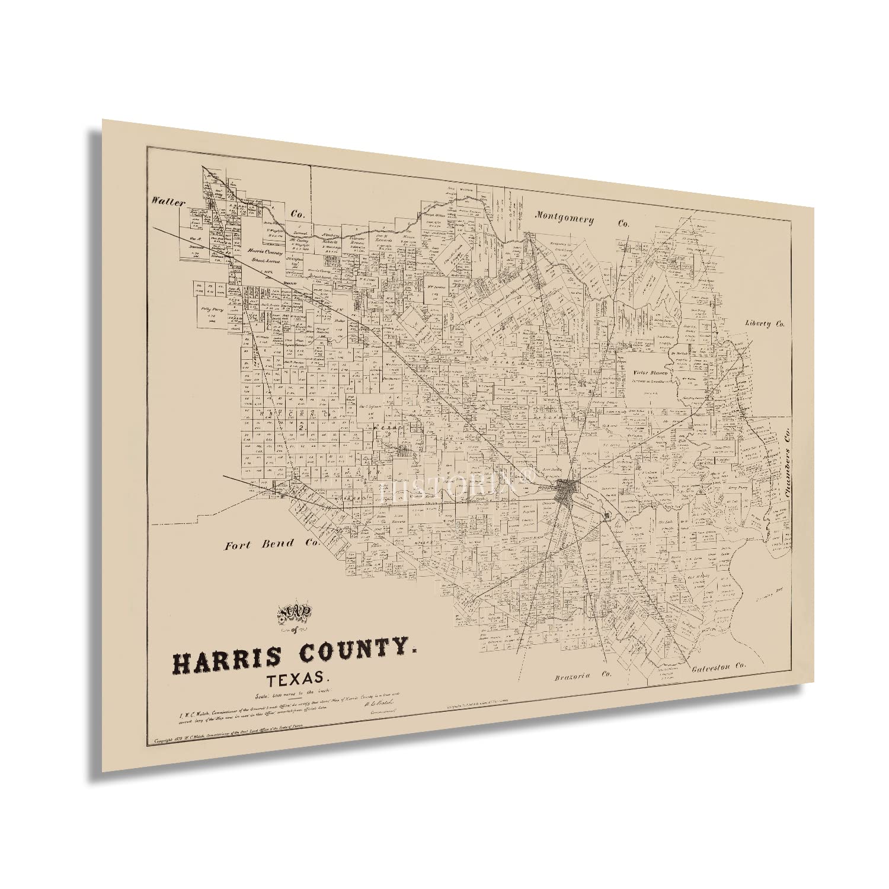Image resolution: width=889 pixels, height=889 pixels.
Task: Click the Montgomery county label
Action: (564, 218)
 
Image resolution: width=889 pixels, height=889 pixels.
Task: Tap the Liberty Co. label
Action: (765, 324)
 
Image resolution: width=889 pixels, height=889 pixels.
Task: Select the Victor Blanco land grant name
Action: (651, 373)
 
